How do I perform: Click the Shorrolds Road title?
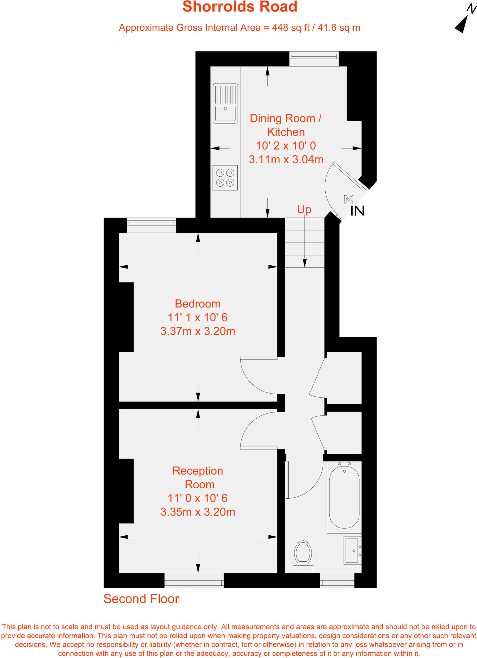(x=240, y=7)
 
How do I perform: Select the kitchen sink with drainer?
(x=225, y=103)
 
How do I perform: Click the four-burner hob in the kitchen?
(x=225, y=178)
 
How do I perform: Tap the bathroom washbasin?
(x=352, y=550)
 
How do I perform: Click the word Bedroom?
(x=198, y=304)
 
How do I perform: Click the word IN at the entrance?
(x=357, y=211)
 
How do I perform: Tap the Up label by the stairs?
(x=304, y=209)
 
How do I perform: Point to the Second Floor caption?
(x=141, y=599)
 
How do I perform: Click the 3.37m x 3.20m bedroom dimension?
(x=198, y=331)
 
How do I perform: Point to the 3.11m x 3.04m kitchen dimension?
(x=286, y=159)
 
